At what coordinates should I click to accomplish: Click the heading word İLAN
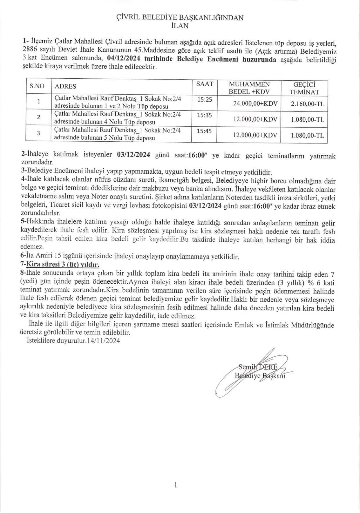180,26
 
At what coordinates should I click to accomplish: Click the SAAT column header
205,84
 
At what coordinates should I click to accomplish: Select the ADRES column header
65,86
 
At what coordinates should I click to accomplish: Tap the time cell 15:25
205,100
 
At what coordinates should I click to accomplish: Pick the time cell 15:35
205,115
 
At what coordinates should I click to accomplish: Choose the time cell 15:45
205,131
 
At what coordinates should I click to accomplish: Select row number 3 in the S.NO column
38,133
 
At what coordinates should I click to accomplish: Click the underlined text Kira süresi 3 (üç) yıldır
63,265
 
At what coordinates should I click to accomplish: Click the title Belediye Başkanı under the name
260,376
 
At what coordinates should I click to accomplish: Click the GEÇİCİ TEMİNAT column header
304,88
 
